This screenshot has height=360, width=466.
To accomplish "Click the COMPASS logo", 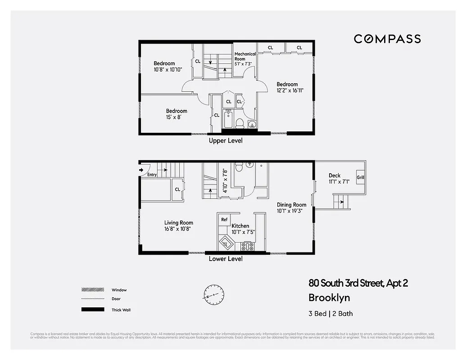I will click(x=387, y=39).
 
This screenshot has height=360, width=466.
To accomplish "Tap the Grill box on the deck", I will click(x=361, y=178).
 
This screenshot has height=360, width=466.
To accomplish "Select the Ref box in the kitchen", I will click(x=224, y=220).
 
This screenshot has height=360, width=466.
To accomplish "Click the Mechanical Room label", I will click(x=245, y=56).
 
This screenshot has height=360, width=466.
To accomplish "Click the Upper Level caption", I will click(x=225, y=141).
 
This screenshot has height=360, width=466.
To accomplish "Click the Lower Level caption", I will click(x=225, y=259).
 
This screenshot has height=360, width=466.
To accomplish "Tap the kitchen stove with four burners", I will click(x=247, y=246).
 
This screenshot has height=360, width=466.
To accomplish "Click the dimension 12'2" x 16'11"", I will click(x=290, y=90).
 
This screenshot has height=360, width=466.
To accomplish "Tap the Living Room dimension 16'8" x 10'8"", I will click(x=178, y=229).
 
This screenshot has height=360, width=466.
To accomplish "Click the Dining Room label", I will click(x=291, y=205).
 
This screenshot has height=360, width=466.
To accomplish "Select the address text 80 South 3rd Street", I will click(x=358, y=283).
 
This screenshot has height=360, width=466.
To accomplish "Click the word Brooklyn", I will click(x=329, y=298).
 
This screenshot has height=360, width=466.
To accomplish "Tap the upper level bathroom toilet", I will click(x=240, y=123).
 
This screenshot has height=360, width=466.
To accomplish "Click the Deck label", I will click(x=335, y=175).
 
